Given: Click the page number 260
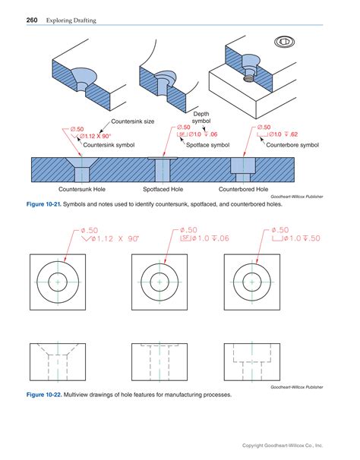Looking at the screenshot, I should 33,18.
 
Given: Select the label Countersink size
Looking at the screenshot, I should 134,121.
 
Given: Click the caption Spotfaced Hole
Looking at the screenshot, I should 163,188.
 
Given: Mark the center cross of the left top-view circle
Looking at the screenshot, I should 58,282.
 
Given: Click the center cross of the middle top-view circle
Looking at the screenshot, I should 159,282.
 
